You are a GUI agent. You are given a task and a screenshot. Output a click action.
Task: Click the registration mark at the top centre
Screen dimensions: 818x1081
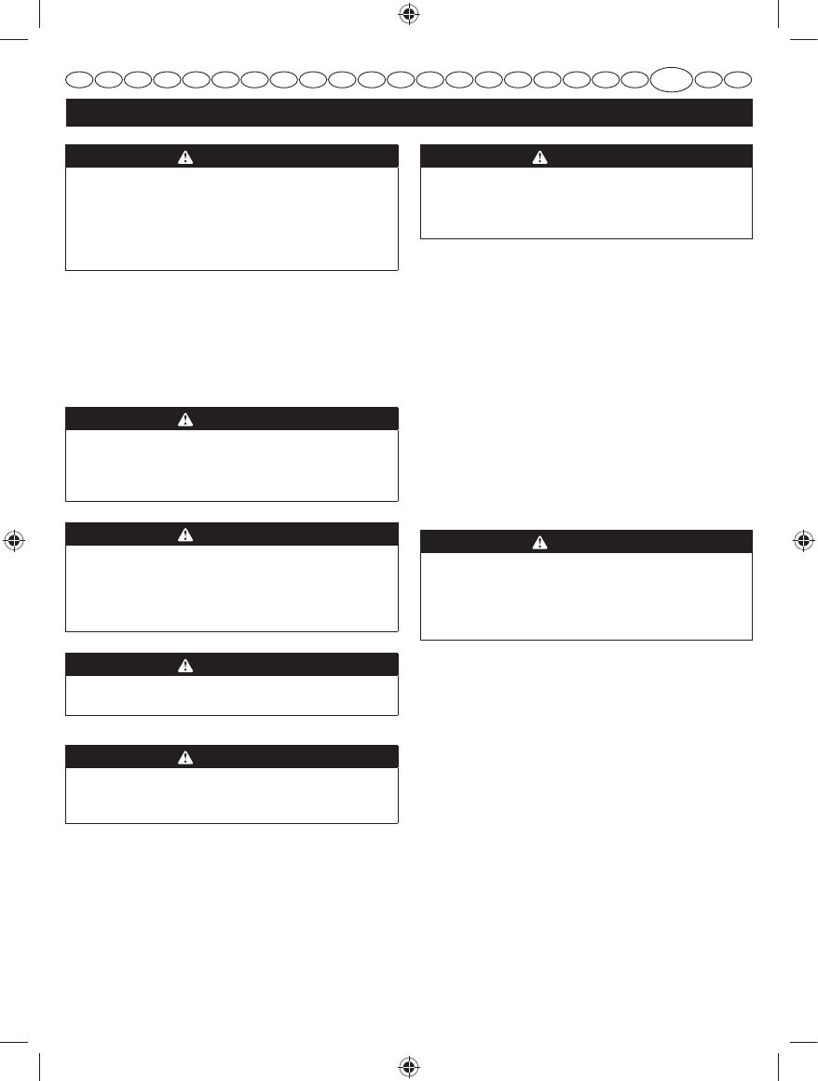tap(408, 15)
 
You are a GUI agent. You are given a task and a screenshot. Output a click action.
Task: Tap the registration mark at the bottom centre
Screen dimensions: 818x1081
tap(408, 1066)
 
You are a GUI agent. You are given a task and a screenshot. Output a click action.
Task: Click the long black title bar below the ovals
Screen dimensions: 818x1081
tap(408, 113)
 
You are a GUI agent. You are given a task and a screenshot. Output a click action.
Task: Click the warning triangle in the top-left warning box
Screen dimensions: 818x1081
tap(186, 156)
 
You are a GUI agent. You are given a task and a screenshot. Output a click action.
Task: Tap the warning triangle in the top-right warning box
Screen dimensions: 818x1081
tap(540, 156)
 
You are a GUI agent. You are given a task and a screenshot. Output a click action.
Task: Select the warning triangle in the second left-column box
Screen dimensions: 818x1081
tap(186, 419)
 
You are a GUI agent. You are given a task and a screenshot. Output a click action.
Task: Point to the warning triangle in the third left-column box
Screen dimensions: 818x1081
tap(186, 534)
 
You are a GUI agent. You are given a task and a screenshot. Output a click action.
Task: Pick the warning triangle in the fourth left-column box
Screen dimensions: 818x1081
tap(186, 665)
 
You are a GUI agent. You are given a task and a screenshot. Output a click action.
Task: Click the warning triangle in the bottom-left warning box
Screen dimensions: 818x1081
tap(186, 757)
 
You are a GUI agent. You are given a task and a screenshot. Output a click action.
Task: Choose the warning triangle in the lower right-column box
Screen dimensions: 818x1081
tap(540, 542)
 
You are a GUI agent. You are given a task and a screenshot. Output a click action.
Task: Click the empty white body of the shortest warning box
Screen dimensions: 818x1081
tap(231, 695)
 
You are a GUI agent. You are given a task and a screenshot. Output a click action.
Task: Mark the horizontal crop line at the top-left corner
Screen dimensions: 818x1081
tap(15, 39)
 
